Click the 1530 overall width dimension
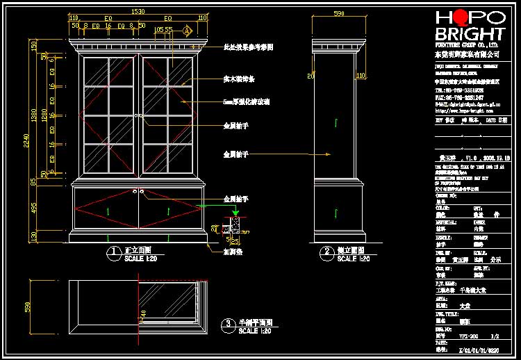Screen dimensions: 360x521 click(138, 11)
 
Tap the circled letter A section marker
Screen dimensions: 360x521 click(187, 31)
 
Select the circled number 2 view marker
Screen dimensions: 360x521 click(326, 253)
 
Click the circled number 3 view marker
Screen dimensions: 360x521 click(228, 325)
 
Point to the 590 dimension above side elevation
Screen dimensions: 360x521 click(339, 13)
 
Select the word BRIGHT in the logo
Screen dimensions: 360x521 click(470, 34)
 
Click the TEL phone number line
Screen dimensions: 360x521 click(460, 90)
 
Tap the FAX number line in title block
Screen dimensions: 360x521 click(460, 97)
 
